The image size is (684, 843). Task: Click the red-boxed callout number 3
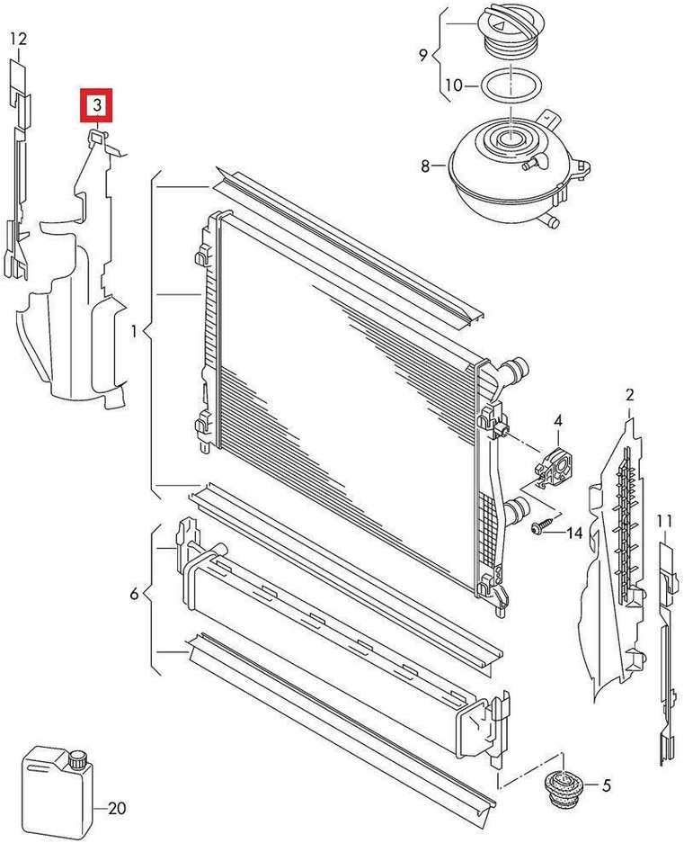(x=97, y=105)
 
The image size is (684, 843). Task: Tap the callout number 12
(x=18, y=40)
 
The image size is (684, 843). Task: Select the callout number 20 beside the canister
(x=117, y=808)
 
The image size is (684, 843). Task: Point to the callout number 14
(x=573, y=533)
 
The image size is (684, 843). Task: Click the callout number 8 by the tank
(x=425, y=166)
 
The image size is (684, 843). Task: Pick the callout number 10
(x=454, y=85)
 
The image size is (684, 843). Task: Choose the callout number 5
(x=606, y=786)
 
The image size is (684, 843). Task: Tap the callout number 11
(x=664, y=521)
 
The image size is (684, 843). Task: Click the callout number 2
(x=630, y=395)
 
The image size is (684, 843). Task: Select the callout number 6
(x=134, y=594)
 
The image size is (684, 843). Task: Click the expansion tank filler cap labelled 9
(x=506, y=32)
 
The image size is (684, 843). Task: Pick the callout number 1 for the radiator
(x=133, y=332)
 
